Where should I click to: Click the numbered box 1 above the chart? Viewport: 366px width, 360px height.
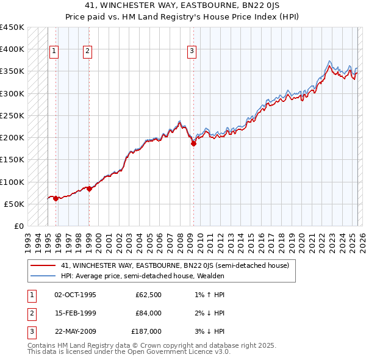click(x=54, y=51)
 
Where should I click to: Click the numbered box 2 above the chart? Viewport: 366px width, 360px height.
click(x=88, y=51)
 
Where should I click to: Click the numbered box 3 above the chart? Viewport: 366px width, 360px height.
click(x=192, y=51)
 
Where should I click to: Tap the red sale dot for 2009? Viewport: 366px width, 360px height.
click(x=193, y=144)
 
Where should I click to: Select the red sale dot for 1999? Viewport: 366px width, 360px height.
click(x=89, y=189)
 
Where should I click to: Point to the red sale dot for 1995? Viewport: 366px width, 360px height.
click(x=56, y=198)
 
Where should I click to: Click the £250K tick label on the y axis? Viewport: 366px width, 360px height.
click(x=12, y=115)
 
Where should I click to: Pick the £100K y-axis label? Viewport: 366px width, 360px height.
click(x=12, y=182)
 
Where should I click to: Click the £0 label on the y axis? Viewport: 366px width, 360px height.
click(x=19, y=226)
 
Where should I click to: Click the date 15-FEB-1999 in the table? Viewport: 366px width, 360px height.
click(x=76, y=313)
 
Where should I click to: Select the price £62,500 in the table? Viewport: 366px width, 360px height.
click(x=148, y=295)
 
